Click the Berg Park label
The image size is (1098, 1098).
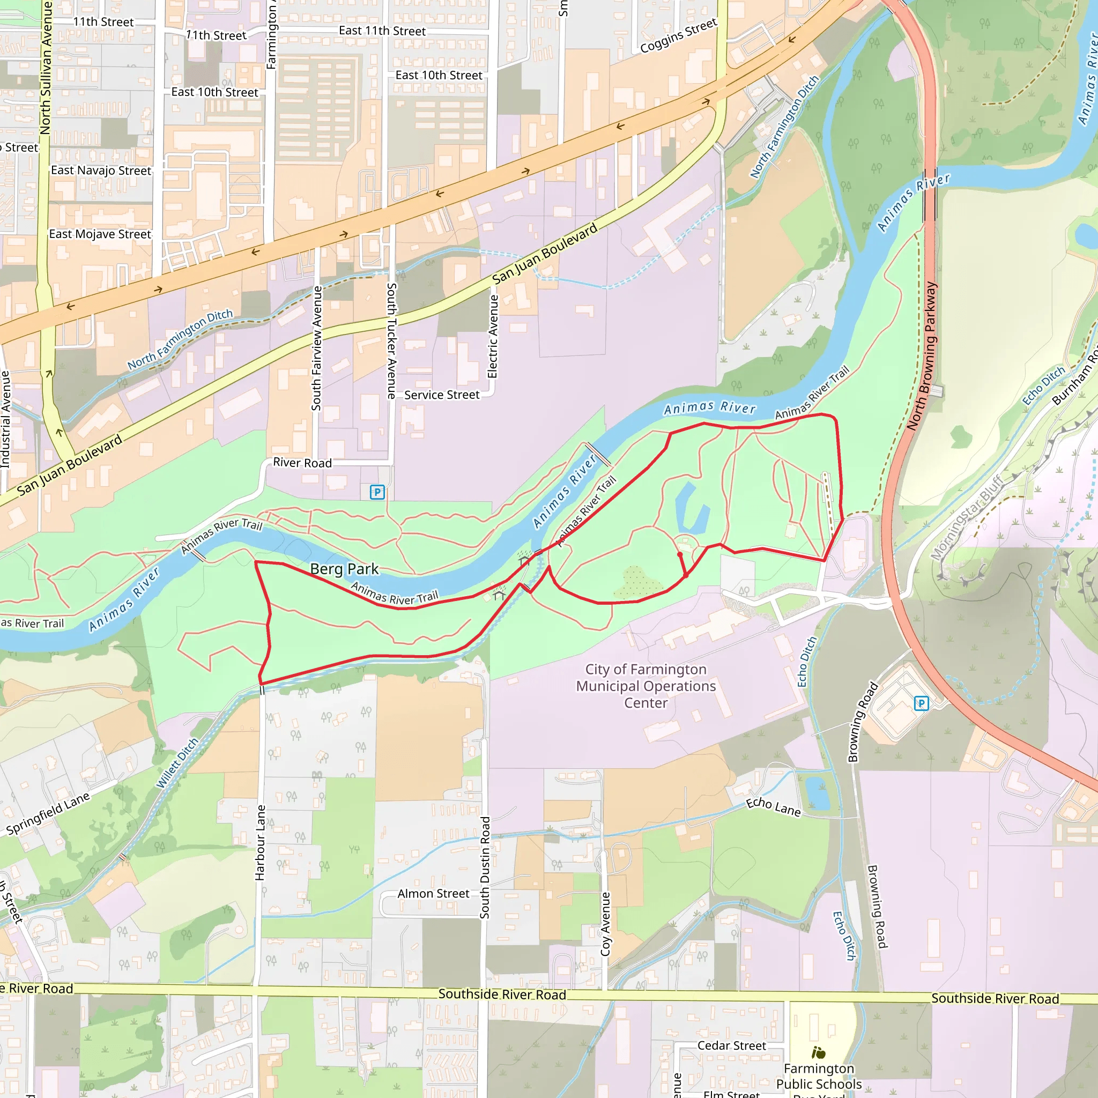pyautogui.click(x=344, y=569)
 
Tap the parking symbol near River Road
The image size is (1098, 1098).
pyautogui.click(x=377, y=492)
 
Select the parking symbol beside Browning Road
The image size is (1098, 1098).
pyautogui.click(x=921, y=703)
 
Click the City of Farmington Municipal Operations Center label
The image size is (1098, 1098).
pyautogui.click(x=646, y=686)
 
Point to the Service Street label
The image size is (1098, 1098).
pyautogui.click(x=442, y=395)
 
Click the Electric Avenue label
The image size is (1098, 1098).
pyautogui.click(x=493, y=337)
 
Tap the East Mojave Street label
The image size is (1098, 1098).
pyautogui.click(x=100, y=234)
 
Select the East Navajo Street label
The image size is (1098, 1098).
pyautogui.click(x=101, y=170)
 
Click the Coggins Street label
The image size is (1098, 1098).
pyautogui.click(x=679, y=36)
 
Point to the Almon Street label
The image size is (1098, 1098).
pyautogui.click(x=433, y=894)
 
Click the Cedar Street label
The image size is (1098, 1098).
pyautogui.click(x=731, y=1045)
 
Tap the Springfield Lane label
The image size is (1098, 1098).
pyautogui.click(x=48, y=814)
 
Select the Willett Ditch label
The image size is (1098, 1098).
pyautogui.click(x=177, y=763)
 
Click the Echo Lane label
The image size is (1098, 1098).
pyautogui.click(x=773, y=807)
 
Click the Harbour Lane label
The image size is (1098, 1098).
pyautogui.click(x=260, y=843)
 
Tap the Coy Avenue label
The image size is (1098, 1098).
pyautogui.click(x=605, y=924)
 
